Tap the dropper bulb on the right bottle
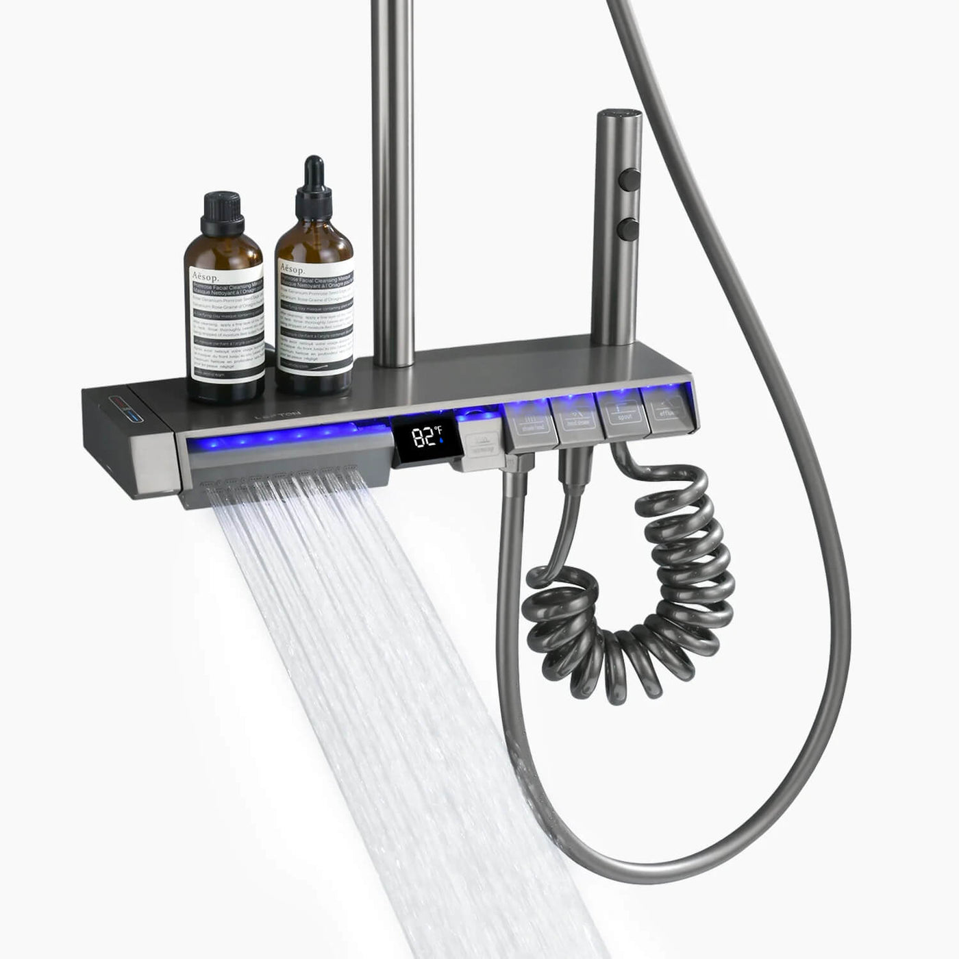click(x=314, y=171)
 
